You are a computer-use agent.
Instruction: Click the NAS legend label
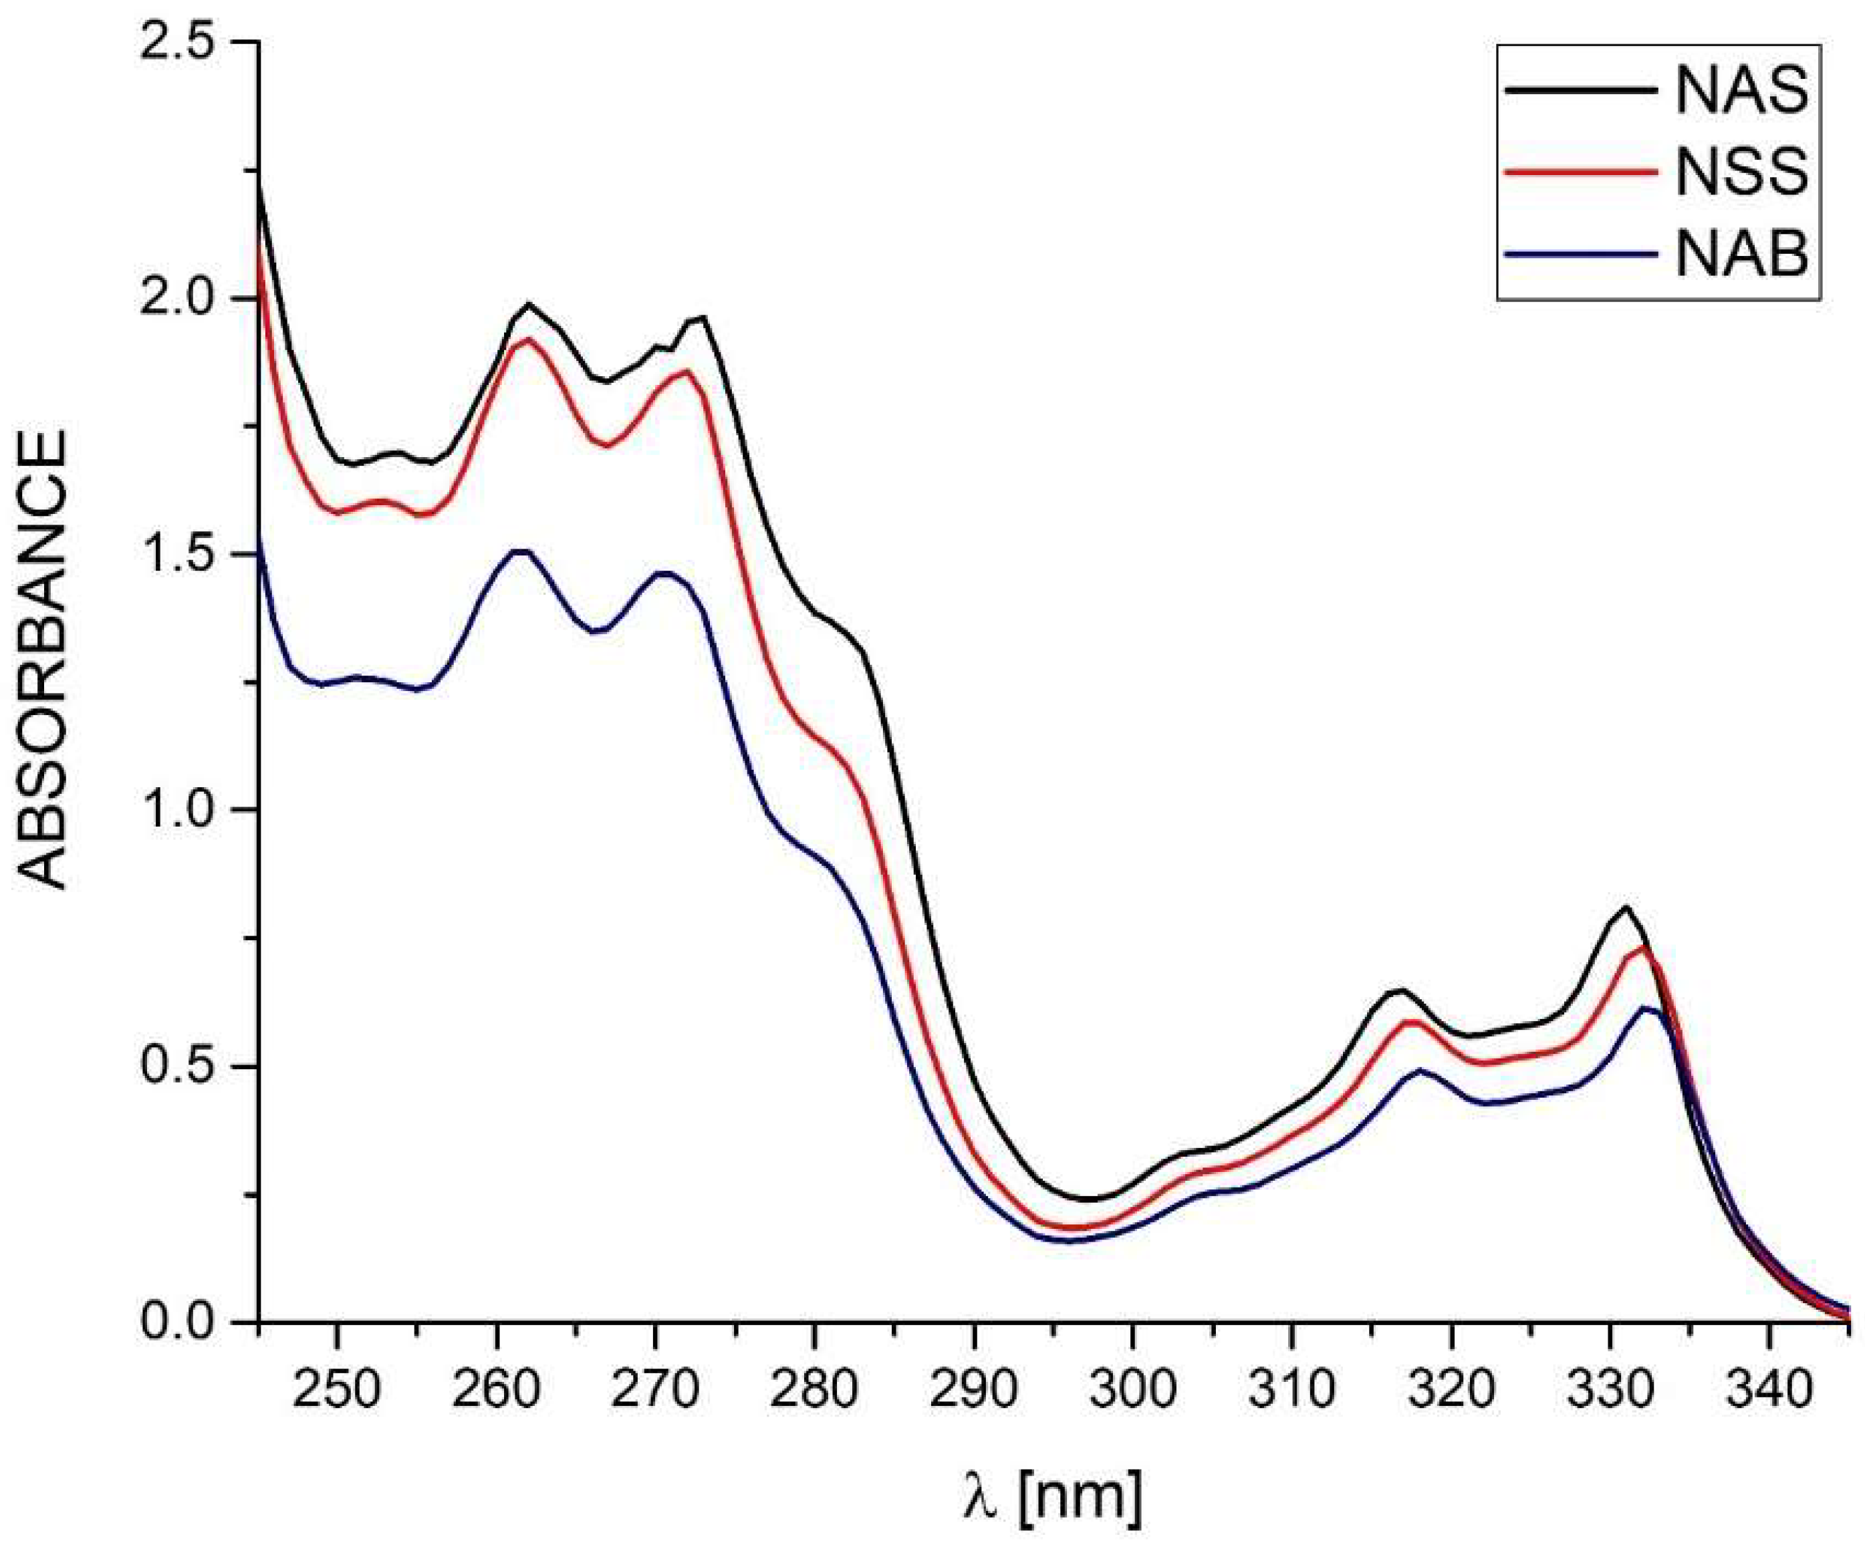tap(1741, 91)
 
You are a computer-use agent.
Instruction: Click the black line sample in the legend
tap(1580, 91)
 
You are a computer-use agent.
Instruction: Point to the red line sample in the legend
tap(1580, 172)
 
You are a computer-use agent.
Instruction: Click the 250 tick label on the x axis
tap(337, 1391)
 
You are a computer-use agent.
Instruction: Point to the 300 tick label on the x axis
tap(1132, 1391)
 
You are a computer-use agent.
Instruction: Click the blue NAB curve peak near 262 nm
tap(522, 551)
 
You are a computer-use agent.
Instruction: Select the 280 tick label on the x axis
tap(814, 1391)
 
